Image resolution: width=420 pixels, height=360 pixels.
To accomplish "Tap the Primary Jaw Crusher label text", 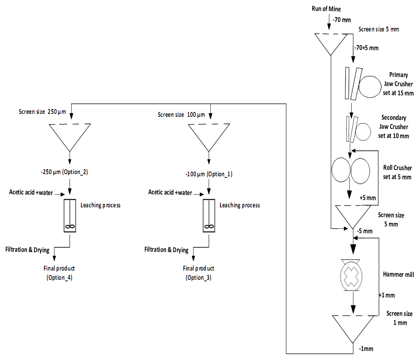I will (x=398, y=84).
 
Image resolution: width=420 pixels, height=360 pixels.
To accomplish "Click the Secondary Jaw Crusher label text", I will (x=393, y=127).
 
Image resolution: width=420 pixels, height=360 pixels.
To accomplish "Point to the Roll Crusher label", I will (x=397, y=172).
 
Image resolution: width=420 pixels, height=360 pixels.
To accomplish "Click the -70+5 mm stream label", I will (x=366, y=48).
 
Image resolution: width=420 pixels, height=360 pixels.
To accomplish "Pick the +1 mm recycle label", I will (x=387, y=295).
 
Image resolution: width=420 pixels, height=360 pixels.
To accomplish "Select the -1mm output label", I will (x=366, y=348).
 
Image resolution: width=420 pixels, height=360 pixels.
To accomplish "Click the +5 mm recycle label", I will (x=367, y=198).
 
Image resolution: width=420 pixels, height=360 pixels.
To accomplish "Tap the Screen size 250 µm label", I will (x=42, y=112).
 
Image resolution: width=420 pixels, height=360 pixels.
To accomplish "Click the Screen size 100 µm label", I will (x=181, y=115).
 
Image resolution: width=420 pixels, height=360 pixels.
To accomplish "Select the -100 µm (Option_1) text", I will (x=209, y=174).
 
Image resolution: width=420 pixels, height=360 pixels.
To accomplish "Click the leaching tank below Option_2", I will (x=70, y=216).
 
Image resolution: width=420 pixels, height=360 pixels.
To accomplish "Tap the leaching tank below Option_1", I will (x=209, y=216).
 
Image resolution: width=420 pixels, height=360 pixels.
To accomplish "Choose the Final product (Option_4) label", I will (x=60, y=273).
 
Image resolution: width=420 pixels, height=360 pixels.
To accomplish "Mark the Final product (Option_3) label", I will (x=199, y=273).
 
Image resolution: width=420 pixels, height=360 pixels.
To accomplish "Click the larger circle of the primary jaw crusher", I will (x=370, y=86).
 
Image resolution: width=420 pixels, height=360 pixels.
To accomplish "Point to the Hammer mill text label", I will (x=398, y=275).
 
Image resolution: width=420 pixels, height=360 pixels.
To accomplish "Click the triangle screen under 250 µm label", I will (x=70, y=135).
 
